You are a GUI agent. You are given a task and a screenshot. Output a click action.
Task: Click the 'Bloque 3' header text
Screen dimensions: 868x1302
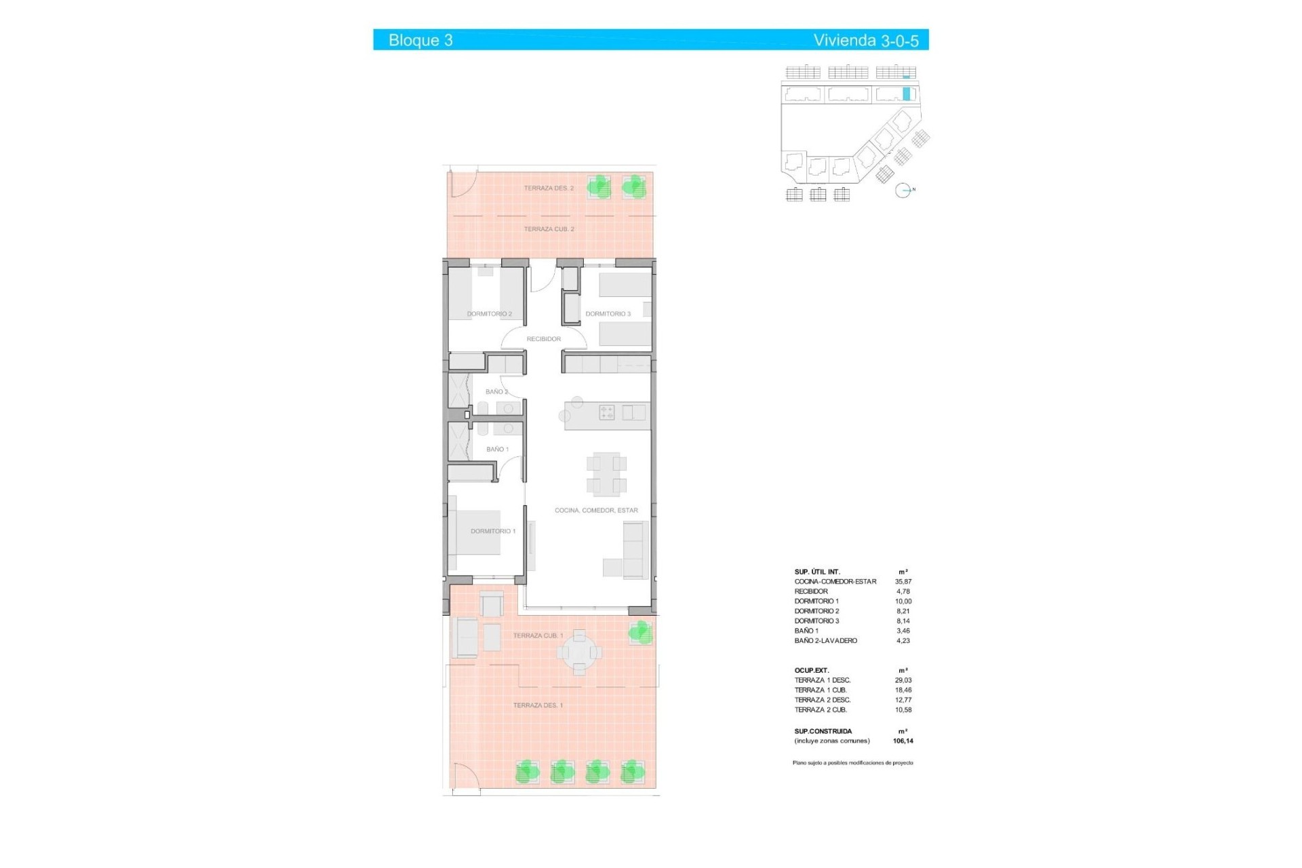click(420, 40)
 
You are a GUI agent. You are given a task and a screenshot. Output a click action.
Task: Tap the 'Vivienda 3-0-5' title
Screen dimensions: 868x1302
click(865, 40)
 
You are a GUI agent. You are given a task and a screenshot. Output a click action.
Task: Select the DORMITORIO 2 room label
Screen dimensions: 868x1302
click(489, 314)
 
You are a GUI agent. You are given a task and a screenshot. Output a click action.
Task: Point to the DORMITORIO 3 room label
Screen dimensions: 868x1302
click(608, 314)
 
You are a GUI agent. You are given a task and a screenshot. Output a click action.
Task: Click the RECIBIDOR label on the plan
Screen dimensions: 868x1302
click(543, 339)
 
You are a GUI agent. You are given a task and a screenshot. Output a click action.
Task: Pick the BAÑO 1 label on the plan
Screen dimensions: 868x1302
click(497, 450)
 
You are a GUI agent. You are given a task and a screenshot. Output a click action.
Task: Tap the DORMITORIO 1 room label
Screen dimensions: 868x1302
click(493, 532)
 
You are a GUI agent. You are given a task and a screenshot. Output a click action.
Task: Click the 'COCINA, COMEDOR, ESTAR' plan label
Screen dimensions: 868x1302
click(596, 511)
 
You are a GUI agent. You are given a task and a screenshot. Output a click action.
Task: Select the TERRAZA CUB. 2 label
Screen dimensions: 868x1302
click(549, 229)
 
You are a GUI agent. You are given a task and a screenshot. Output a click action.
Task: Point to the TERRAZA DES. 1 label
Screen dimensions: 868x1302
click(538, 706)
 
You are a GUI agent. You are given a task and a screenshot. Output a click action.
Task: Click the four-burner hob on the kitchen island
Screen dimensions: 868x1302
click(607, 412)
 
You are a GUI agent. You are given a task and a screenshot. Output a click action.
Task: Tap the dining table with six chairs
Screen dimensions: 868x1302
click(606, 474)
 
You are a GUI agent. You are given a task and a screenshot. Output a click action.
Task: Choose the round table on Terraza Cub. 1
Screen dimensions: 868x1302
click(579, 652)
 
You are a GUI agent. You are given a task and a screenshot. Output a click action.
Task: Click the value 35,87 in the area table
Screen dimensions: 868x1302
click(903, 582)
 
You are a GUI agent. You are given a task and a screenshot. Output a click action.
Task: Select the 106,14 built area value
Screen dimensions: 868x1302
click(903, 741)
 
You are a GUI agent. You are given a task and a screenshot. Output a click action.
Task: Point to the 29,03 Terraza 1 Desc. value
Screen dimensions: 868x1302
click(903, 680)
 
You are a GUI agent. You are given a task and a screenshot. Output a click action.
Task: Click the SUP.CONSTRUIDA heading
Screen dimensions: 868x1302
click(823, 732)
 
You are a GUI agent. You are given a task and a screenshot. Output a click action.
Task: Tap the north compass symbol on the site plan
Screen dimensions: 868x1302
click(903, 191)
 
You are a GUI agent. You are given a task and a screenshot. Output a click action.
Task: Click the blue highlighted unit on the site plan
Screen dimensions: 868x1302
click(906, 94)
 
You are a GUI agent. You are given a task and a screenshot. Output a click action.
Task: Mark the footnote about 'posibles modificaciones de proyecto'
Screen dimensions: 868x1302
click(852, 763)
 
